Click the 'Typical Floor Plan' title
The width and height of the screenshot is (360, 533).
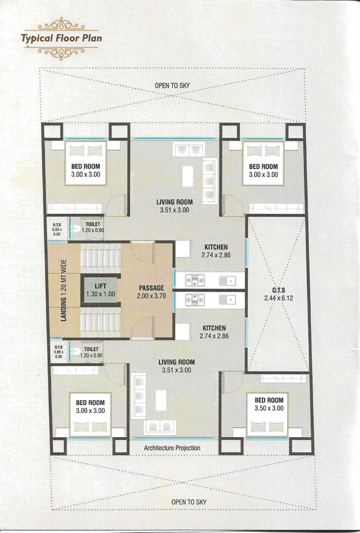62,38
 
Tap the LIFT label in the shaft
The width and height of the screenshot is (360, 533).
100,286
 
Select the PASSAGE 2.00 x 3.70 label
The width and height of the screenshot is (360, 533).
151,292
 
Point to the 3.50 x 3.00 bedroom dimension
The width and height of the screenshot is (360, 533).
269,408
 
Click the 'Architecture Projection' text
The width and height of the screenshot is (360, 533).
172,448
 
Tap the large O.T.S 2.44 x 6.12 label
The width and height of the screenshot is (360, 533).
279,294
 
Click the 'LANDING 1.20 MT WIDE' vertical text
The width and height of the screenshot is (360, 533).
64,290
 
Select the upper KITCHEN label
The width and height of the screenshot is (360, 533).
216,247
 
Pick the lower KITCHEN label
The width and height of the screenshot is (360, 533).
214,328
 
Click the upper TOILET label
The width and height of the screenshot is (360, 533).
93,224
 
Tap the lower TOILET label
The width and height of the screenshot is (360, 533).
91,349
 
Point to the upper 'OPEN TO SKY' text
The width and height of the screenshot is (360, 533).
172,86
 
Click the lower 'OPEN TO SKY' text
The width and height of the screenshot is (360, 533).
189,502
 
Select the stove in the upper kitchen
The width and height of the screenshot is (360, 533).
195,280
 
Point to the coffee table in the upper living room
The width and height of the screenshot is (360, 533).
188,176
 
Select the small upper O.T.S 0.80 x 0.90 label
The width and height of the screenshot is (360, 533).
57,229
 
